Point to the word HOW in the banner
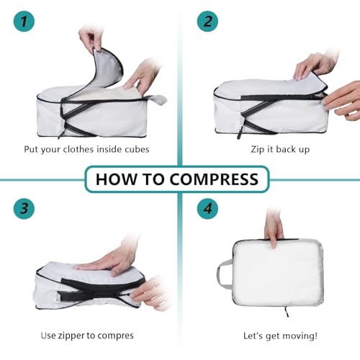[x=117, y=179]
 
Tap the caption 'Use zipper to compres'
[x=87, y=335]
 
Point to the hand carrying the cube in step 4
[x=274, y=226]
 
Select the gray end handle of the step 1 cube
[x=158, y=100]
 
